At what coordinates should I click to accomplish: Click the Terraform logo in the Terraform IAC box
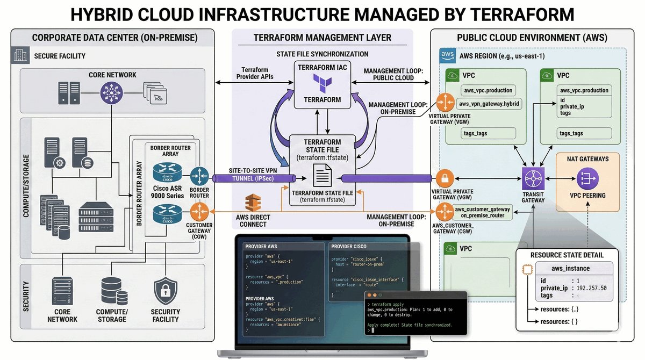[322, 84]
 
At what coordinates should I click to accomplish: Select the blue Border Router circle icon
[199, 176]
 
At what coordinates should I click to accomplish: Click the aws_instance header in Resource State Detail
[570, 268]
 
